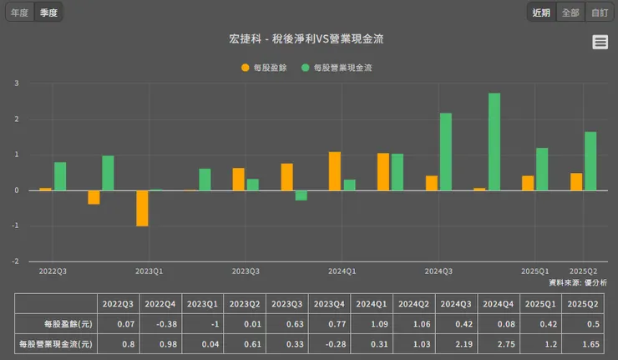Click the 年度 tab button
pos(18,13)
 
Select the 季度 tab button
pos(48,13)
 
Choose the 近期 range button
pos(540,13)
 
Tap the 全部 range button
pos(570,13)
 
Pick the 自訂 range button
pos(599,13)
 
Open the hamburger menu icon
pos(600,43)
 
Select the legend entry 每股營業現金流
pos(337,68)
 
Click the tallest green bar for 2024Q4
pos(494,141)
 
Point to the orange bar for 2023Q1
pos(143,208)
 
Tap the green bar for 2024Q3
pos(445,151)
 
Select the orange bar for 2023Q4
pos(335,170)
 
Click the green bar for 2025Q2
pos(590,160)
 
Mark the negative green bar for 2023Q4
pos(301,195)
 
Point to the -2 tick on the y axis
pos(16,261)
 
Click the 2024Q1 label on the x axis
pos(342,271)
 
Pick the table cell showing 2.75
pos(493,343)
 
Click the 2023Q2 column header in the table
pos(244,302)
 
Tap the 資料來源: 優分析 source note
pos(572,283)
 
